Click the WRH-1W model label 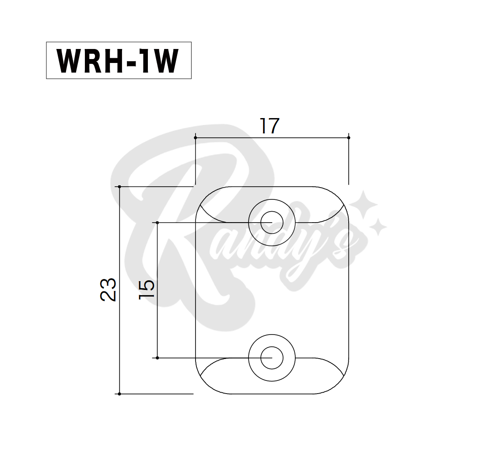pyautogui.click(x=118, y=61)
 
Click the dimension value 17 pyautogui.click(x=269, y=126)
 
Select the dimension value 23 pyautogui.click(x=108, y=290)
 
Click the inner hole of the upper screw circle pyautogui.click(x=272, y=223)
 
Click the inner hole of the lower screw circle pyautogui.click(x=272, y=358)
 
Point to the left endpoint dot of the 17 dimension pyautogui.click(x=195, y=138)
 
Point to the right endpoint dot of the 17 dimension pyautogui.click(x=349, y=138)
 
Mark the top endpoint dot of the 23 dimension pyautogui.click(x=119, y=187)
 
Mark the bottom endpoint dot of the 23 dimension pyautogui.click(x=119, y=394)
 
